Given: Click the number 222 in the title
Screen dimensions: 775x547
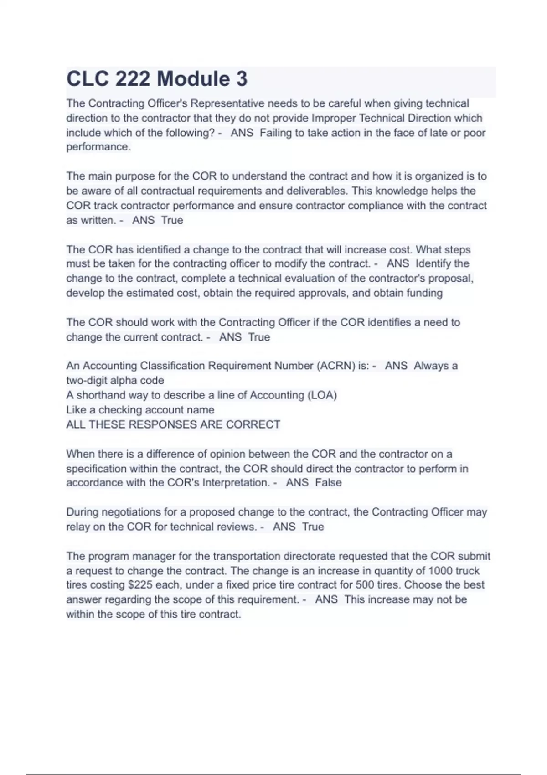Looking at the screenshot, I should (x=133, y=79).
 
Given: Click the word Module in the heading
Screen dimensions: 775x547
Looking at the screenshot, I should (x=194, y=79).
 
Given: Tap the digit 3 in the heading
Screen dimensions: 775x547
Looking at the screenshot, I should (x=242, y=79).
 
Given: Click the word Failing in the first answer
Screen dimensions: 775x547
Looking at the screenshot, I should (x=275, y=133).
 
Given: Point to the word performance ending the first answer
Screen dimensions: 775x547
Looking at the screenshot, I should (x=98, y=147).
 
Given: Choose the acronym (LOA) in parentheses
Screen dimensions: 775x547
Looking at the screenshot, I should (x=322, y=395).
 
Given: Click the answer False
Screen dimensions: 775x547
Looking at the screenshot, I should (x=328, y=482).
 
